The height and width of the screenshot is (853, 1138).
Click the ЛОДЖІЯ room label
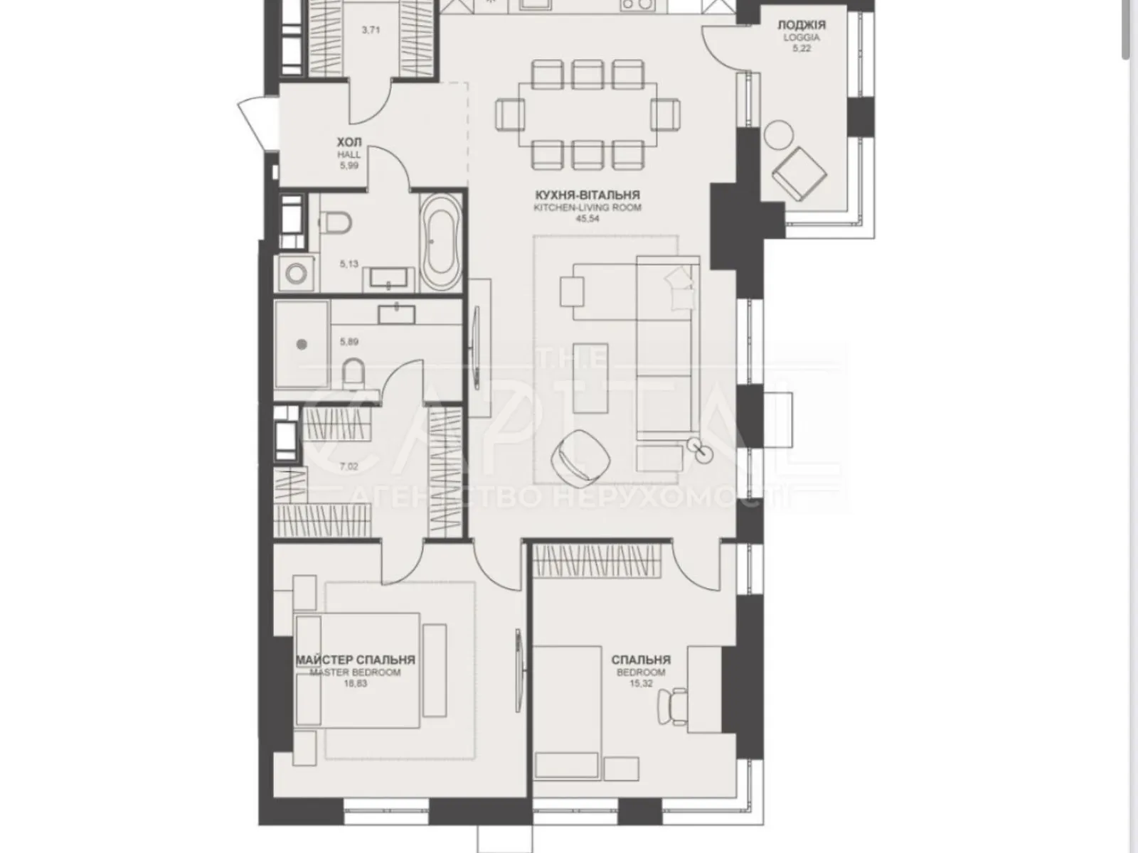(802, 24)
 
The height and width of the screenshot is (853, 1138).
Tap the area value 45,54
(587, 218)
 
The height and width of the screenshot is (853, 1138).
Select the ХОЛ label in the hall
(349, 142)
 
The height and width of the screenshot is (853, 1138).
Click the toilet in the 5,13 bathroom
(335, 224)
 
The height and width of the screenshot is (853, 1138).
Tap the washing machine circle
(295, 274)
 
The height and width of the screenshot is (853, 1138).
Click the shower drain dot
(302, 345)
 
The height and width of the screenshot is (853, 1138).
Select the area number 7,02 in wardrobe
(349, 466)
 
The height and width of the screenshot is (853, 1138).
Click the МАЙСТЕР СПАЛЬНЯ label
(355, 660)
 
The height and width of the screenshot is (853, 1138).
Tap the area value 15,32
(642, 683)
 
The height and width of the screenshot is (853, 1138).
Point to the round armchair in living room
(580, 457)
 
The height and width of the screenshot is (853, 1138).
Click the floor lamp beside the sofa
(700, 449)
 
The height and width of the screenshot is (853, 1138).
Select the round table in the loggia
(779, 135)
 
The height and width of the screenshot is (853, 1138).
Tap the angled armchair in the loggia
(799, 174)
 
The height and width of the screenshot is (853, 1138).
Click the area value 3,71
(371, 30)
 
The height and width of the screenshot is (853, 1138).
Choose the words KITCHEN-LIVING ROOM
(587, 208)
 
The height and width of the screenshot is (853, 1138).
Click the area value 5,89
(349, 342)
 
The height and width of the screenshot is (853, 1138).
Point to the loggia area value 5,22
(802, 48)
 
